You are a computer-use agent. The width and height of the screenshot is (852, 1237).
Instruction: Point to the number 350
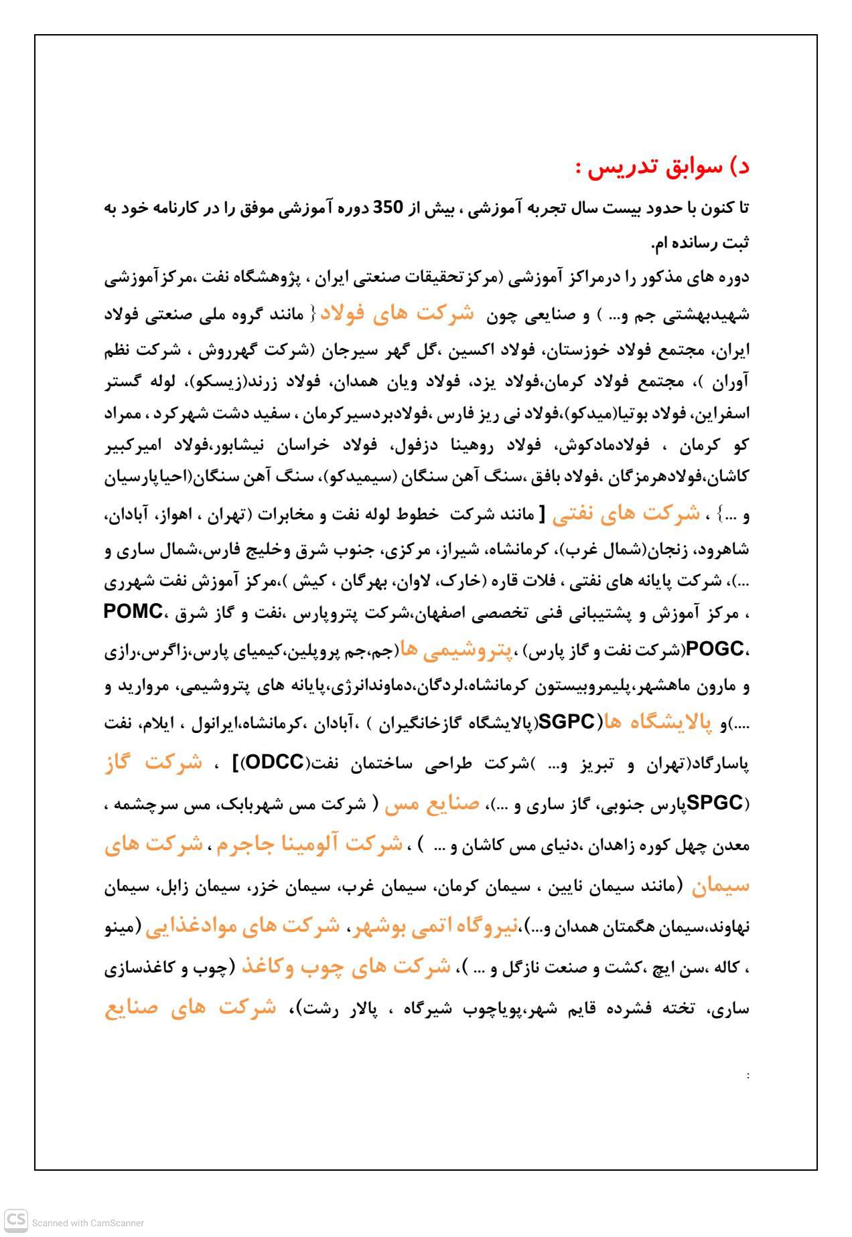(x=387, y=208)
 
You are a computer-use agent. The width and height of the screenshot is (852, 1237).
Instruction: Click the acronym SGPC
(x=566, y=722)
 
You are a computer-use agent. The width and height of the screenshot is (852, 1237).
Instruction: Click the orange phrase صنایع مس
(x=432, y=803)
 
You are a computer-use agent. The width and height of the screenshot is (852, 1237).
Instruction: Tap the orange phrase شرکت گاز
(x=154, y=762)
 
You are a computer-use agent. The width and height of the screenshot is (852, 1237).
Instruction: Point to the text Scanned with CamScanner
(x=88, y=1223)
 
